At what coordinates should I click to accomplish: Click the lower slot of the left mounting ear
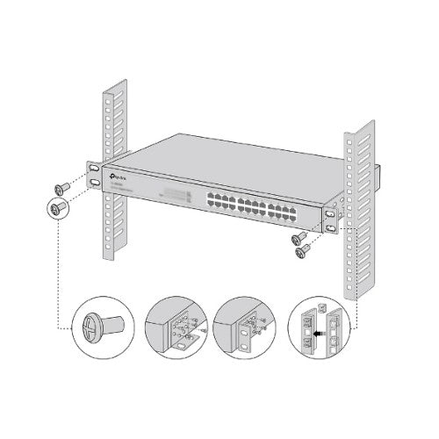coord(92,183)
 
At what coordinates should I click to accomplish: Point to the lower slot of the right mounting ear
coord(331,228)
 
